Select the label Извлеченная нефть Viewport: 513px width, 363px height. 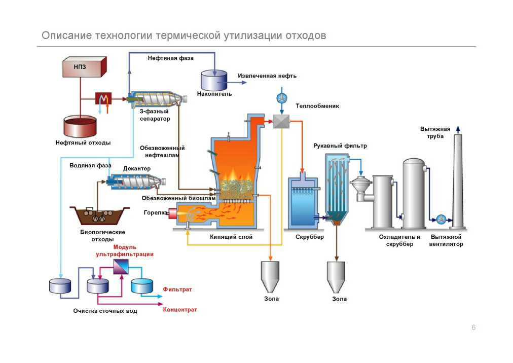tap(267, 76)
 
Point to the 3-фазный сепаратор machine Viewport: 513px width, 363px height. tap(154, 99)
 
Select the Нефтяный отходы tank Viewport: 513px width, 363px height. tap(80, 127)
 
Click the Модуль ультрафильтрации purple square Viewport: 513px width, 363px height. tap(121, 266)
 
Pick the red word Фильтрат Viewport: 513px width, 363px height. tap(177, 289)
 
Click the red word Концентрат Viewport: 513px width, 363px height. tap(179, 309)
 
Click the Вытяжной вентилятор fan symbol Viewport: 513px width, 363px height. tap(441, 220)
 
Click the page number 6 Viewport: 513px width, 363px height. tap(473, 328)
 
